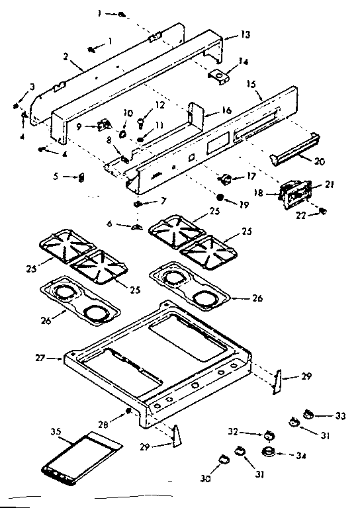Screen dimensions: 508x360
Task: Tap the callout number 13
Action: click(x=227, y=34)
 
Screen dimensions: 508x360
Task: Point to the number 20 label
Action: click(x=320, y=161)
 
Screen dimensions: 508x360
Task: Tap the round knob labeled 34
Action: click(x=269, y=453)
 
